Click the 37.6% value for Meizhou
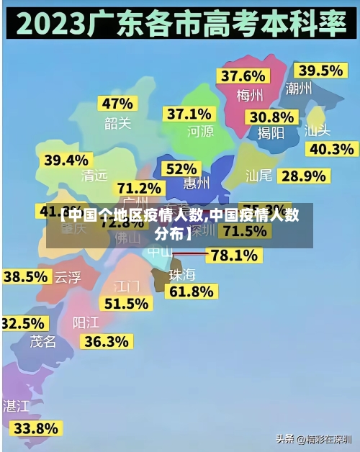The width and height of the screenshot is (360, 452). coord(243,76)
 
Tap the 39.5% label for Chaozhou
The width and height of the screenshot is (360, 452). coord(320,70)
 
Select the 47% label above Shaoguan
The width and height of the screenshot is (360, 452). coord(117,103)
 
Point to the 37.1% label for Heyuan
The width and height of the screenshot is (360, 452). coord(189,114)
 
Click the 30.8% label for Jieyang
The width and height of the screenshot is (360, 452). coord(271,117)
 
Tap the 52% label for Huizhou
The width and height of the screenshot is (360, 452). coord(181,168)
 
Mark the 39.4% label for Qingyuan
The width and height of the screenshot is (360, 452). coord(66,160)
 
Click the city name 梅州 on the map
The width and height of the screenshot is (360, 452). coord(250,94)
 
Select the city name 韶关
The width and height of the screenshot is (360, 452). coord(117,123)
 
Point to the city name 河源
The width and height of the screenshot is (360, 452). coord(200,131)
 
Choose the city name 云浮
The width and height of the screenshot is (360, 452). coord(68,277)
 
